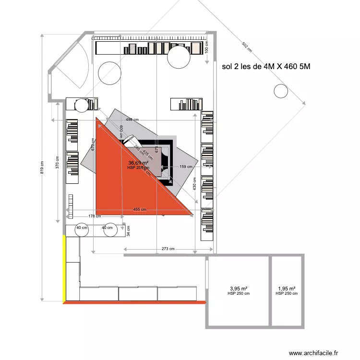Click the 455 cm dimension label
coord(141,210)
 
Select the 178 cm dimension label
coord(94,216)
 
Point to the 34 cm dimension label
coord(128,232)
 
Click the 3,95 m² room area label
coord(239,289)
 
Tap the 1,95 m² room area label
coord(287,289)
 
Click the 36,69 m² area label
coord(138,163)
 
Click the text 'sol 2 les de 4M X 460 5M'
coord(266,67)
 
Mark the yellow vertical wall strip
coord(64,268)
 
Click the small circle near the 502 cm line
coord(279,90)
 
